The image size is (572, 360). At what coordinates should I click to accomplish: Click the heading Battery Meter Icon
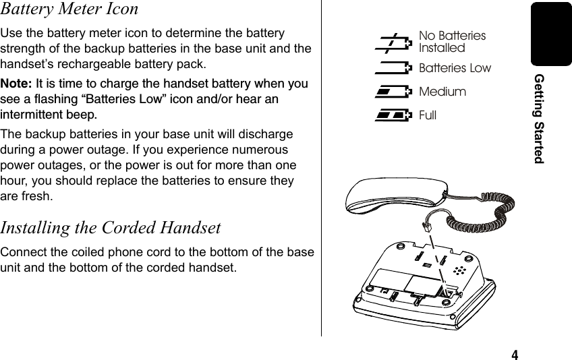[x=69, y=9]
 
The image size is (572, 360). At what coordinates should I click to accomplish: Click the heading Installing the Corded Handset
[x=111, y=228]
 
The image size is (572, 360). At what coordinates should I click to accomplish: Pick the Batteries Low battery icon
[x=394, y=67]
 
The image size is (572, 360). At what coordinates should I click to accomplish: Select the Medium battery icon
[x=394, y=91]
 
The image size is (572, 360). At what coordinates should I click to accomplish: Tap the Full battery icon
[x=394, y=115]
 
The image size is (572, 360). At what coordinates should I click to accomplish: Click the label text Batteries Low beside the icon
[x=455, y=68]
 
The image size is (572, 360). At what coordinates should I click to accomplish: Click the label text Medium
[x=442, y=92]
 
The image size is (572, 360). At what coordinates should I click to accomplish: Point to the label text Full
[x=428, y=115]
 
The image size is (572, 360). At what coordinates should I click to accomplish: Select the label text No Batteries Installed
[x=451, y=42]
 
